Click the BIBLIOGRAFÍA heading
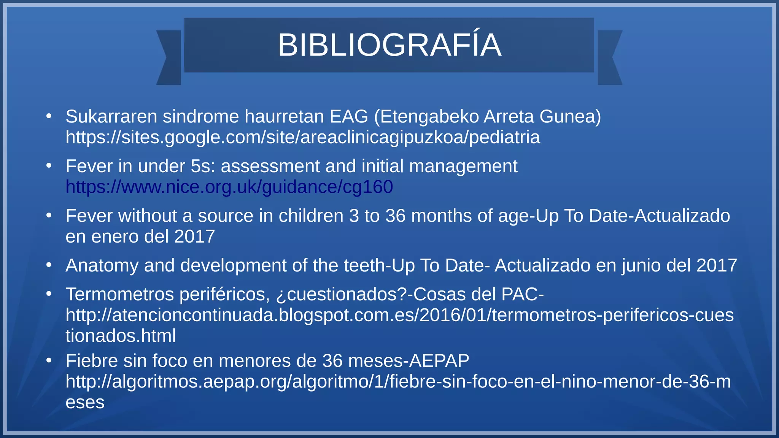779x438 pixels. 389,45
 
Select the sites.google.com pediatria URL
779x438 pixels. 302,137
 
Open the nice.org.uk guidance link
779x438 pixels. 229,187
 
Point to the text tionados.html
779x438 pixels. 121,336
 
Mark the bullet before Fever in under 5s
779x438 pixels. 49,166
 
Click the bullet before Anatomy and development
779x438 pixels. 49,265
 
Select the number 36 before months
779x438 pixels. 395,216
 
